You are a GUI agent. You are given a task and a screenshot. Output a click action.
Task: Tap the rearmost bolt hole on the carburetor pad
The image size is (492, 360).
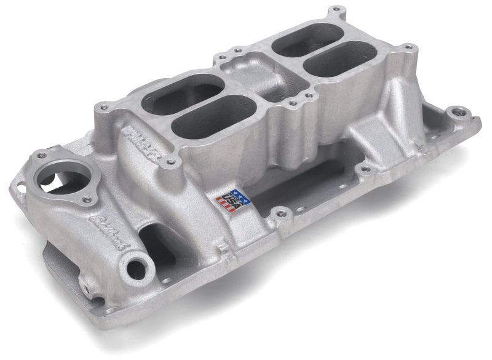pos(335,10)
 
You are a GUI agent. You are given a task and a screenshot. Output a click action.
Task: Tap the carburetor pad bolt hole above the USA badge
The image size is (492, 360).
pos(218,159)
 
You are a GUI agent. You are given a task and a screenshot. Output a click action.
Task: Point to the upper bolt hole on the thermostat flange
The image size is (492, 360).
pos(42,156)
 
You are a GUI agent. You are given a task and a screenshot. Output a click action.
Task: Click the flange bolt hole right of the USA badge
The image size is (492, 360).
pos(282,214)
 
